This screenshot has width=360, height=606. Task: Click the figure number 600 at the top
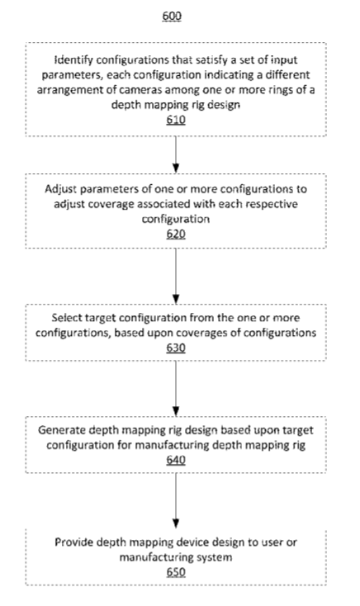click(172, 16)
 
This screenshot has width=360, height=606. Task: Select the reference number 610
click(176, 120)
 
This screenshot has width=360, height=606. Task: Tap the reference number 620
click(176, 234)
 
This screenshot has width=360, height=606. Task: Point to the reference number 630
click(176, 348)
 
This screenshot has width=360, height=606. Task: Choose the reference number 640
click(176, 460)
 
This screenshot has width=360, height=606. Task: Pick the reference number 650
click(176, 572)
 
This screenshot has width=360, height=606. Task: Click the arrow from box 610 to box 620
click(176, 154)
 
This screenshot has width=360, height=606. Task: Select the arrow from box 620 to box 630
click(176, 276)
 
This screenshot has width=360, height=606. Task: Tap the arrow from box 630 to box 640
click(176, 388)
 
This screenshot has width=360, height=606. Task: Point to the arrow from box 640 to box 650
click(176, 501)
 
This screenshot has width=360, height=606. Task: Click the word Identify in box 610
click(73, 60)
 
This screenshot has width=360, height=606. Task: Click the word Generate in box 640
click(62, 430)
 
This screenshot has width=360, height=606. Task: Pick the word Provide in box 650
click(73, 542)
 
